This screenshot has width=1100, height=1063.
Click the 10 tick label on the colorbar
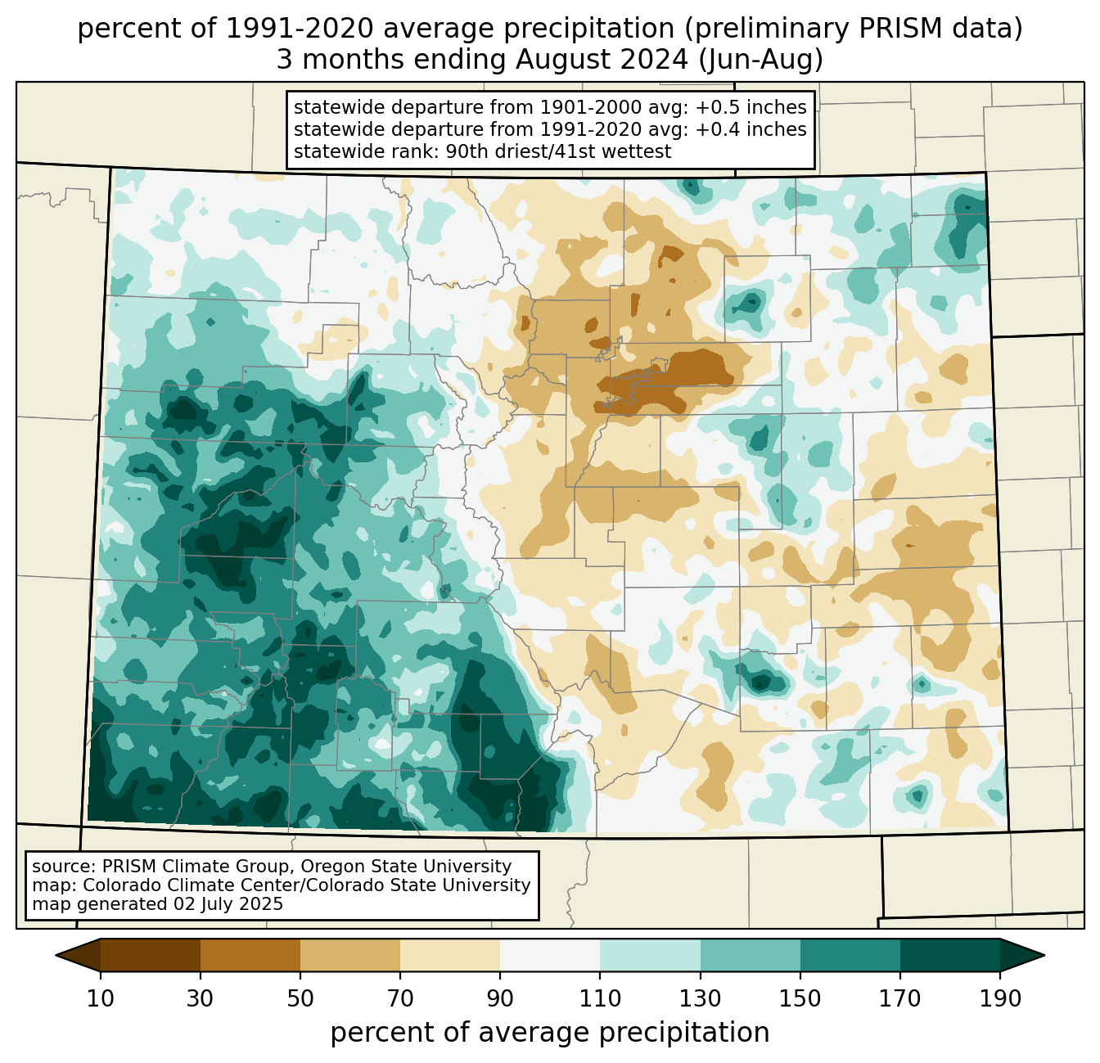pyautogui.click(x=101, y=999)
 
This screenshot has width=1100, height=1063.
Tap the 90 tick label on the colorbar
pyautogui.click(x=500, y=999)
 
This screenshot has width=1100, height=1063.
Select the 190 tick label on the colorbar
pyautogui.click(x=1000, y=999)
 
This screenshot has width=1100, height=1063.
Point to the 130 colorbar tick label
pyautogui.click(x=701, y=999)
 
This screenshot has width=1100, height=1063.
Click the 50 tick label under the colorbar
pyautogui.click(x=300, y=999)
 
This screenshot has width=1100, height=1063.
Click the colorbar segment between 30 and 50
pyautogui.click(x=250, y=955)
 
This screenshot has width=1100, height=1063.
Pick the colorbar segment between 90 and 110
pyautogui.click(x=550, y=955)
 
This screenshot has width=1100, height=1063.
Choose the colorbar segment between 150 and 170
pyautogui.click(x=850, y=955)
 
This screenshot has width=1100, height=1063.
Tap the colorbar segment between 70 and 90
pyautogui.click(x=450, y=955)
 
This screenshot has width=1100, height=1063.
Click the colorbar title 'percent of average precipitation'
pyautogui.click(x=550, y=1033)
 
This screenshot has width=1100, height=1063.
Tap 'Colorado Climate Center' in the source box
pyautogui.click(x=180, y=885)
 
